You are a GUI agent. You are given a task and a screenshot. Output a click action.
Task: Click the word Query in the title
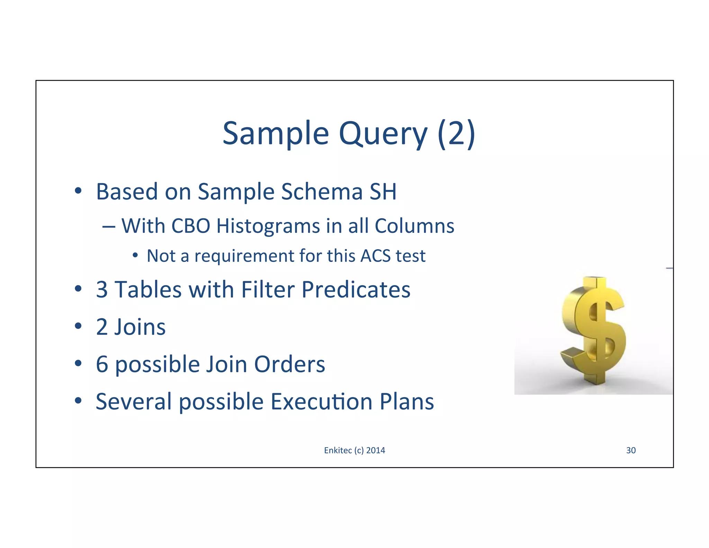383,134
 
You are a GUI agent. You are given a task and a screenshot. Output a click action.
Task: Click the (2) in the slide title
456,134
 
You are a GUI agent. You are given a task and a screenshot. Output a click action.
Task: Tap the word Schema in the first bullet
322,192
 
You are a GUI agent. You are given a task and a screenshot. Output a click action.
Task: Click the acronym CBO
191,226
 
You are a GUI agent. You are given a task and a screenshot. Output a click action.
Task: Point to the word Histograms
268,226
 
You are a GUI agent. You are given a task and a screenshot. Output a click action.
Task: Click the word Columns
414,226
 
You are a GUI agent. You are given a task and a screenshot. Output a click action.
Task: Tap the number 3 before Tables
102,290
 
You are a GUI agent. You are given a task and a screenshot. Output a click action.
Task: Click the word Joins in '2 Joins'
140,327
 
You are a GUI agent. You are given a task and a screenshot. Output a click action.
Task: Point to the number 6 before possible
102,364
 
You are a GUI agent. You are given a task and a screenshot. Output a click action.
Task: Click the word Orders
289,364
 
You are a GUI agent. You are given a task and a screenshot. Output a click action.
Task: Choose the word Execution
321,402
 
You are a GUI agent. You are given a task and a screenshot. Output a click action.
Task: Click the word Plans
407,402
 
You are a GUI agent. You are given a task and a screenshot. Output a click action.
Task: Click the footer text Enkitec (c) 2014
354,450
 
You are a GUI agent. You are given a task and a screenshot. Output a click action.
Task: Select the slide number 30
631,450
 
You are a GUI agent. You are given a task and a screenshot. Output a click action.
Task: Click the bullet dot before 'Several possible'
78,401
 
